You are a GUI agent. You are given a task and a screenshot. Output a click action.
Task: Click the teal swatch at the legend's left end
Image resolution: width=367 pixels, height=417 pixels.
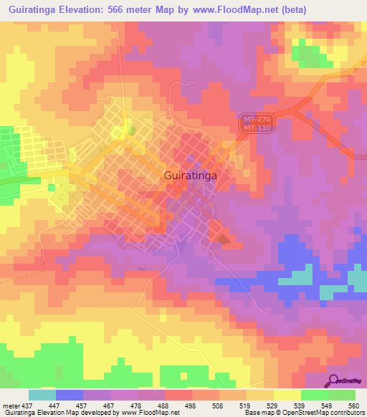pos(42,395)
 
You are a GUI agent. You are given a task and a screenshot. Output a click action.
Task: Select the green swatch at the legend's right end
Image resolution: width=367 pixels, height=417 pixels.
pos(342,395)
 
